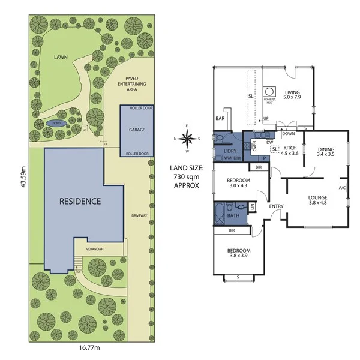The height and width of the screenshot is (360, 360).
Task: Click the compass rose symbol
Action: pos(188,139)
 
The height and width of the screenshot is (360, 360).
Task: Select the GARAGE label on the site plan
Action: pos(137,129)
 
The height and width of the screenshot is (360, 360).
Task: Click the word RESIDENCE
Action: pos(80,201)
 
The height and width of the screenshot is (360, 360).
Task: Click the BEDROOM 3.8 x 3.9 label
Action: pos(239,253)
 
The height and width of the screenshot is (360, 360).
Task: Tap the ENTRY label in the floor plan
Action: pos(276,207)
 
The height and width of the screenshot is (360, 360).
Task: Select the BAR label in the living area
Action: pos(219,119)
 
